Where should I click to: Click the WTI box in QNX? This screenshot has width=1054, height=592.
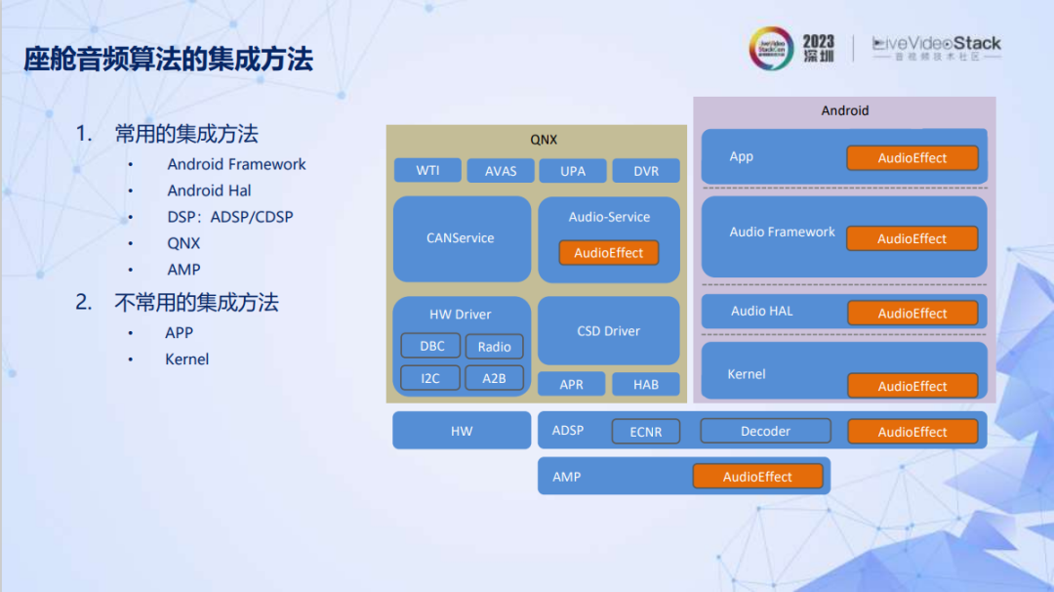(427, 171)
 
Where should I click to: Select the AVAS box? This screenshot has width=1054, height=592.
(501, 171)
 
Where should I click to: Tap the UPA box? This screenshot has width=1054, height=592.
(573, 171)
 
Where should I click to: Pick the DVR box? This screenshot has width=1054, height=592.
(646, 171)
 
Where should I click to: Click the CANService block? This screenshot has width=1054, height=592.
(461, 238)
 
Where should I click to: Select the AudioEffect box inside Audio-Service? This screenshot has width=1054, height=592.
(609, 253)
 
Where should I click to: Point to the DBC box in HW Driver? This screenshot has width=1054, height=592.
(431, 346)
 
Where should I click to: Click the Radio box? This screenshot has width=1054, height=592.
(494, 347)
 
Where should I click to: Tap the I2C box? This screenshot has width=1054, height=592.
(430, 378)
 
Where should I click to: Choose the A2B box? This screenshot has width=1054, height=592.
(494, 378)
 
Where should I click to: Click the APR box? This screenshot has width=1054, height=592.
(572, 384)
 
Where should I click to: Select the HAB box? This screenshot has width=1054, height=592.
(646, 384)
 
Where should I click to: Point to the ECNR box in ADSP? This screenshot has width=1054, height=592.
(645, 432)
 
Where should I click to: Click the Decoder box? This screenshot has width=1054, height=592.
(765, 431)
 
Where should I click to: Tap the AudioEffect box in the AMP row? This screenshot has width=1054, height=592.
(757, 477)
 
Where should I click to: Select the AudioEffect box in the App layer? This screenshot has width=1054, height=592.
(912, 158)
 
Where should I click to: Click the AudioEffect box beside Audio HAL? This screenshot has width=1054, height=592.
(912, 314)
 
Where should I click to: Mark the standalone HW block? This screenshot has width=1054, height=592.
(462, 431)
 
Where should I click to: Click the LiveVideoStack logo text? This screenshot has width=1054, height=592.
(936, 44)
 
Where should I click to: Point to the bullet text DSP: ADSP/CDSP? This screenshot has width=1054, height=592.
(230, 217)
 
